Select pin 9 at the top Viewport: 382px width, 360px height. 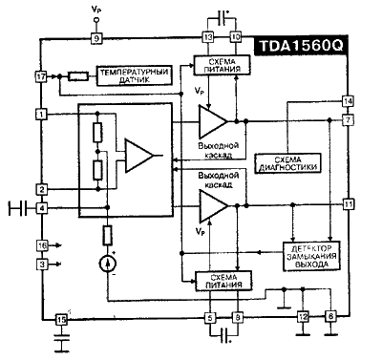[x=95, y=38]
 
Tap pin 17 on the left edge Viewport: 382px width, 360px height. [x=41, y=74]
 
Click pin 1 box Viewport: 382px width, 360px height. [x=41, y=115]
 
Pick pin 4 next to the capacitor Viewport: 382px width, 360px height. [x=41, y=207]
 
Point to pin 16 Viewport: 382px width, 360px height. [x=41, y=245]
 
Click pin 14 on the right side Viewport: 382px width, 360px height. [x=349, y=100]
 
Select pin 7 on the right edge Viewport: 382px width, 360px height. [x=349, y=120]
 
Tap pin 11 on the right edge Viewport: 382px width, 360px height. [x=349, y=203]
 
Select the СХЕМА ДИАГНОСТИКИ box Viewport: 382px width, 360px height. [x=288, y=162]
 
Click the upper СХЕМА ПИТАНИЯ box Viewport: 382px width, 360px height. [x=221, y=64]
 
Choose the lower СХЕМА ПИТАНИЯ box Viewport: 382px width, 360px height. [x=221, y=280]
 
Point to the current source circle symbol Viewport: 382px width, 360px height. [x=107, y=261]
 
